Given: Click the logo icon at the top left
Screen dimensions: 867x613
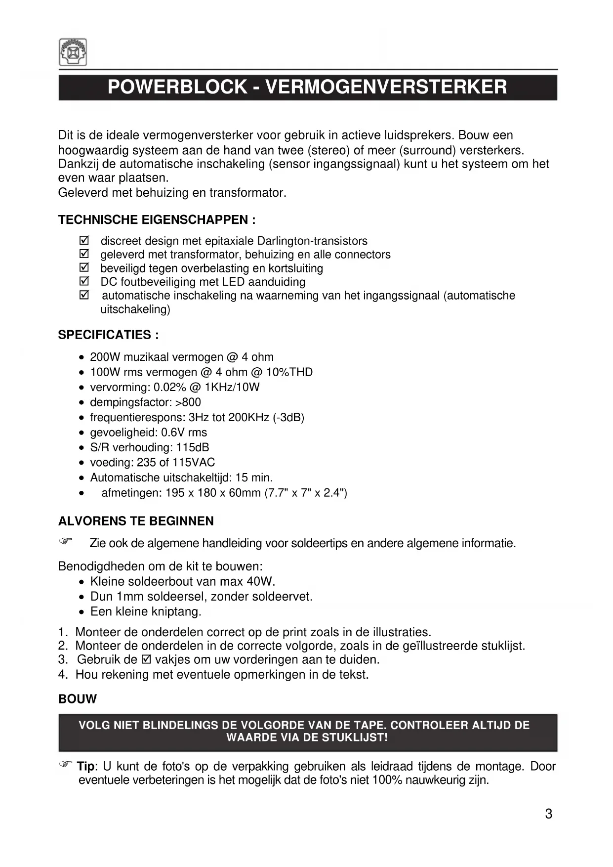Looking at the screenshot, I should [73, 52].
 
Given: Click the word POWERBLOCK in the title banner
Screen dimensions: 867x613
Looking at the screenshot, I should [177, 87].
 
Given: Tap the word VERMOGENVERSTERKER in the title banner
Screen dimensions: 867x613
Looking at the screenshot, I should [386, 87].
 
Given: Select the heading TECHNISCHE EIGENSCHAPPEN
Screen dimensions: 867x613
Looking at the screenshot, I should [157, 220].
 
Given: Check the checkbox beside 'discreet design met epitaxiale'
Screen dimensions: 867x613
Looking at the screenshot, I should [84, 241].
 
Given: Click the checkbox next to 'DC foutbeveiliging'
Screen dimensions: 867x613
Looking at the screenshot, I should [84, 282].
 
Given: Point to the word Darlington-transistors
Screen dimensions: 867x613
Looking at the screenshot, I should [312, 241].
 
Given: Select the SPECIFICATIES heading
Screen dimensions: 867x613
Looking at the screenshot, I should [108, 335].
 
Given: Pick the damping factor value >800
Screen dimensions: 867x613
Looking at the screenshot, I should [188, 402].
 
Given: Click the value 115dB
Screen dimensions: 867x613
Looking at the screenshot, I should [193, 447].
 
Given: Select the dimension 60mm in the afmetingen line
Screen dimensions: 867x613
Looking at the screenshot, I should [244, 493].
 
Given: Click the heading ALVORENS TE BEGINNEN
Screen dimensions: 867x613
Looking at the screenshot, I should [136, 521].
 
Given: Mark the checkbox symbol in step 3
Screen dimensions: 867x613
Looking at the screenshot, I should [146, 660].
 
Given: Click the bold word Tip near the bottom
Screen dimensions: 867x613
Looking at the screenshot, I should [85, 767].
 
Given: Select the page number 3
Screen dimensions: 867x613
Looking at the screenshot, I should [548, 814].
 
